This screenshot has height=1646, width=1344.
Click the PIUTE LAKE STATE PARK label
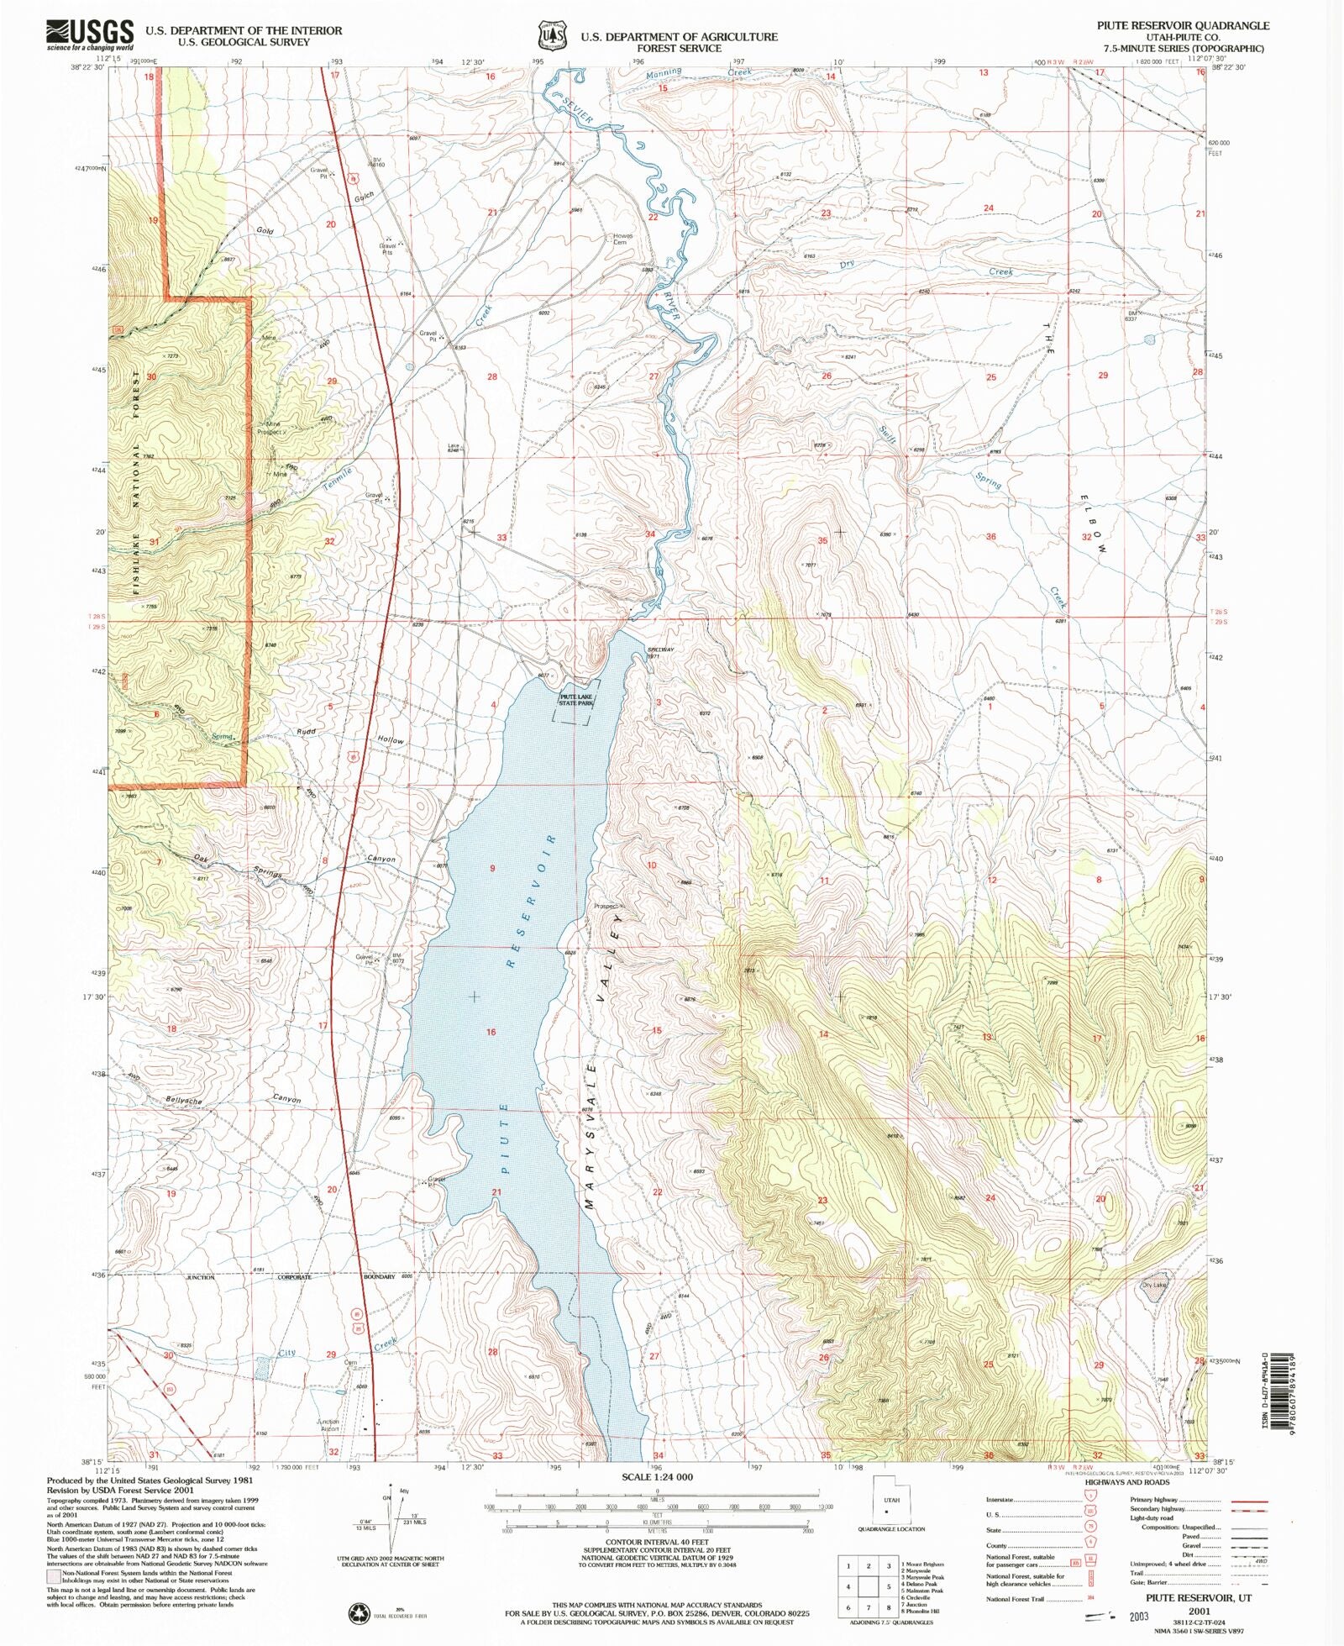(x=576, y=699)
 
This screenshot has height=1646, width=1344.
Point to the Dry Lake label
(x=1154, y=1285)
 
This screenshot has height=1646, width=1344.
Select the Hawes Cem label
(x=622, y=239)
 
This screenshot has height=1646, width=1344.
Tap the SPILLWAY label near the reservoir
(x=659, y=649)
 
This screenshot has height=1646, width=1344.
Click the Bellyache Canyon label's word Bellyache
(x=184, y=1099)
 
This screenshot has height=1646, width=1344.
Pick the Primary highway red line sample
(x=1249, y=1501)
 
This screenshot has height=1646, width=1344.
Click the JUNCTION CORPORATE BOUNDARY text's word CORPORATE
(x=294, y=1277)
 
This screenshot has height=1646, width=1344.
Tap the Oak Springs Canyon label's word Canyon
(x=381, y=859)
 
